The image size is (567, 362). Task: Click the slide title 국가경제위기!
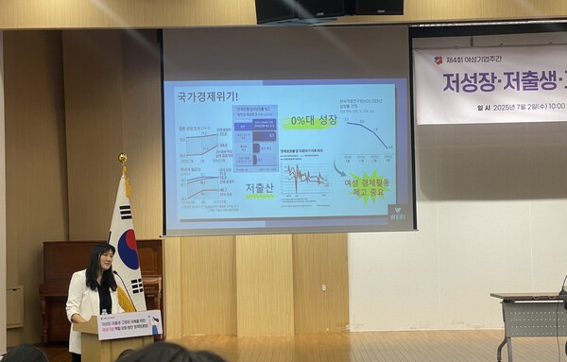[x=205, y=95]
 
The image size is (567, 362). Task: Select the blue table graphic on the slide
[x=255, y=133]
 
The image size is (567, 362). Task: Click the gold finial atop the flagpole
[x=122, y=158]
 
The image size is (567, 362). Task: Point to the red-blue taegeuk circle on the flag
[x=128, y=248]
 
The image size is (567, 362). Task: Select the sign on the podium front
[x=129, y=324]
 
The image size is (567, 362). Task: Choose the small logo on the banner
[x=438, y=60]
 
